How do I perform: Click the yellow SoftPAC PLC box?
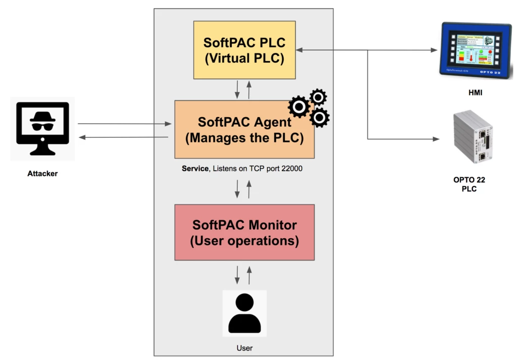(x=244, y=49)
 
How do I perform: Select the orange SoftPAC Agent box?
(x=244, y=129)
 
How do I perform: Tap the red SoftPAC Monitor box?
(x=244, y=232)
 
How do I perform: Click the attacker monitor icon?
(x=42, y=128)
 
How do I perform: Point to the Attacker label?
(x=42, y=174)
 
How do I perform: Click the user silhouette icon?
(x=244, y=313)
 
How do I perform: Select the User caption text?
(x=244, y=348)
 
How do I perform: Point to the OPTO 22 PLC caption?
(x=469, y=185)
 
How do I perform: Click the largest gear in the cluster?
(x=298, y=107)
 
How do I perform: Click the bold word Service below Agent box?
(x=195, y=169)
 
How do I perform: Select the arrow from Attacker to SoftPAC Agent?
(x=124, y=124)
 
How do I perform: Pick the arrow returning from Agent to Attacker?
(x=124, y=137)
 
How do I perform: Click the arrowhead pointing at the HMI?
(x=433, y=50)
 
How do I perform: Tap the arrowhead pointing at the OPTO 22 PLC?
(x=433, y=138)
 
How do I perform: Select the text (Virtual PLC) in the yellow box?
(x=244, y=58)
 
